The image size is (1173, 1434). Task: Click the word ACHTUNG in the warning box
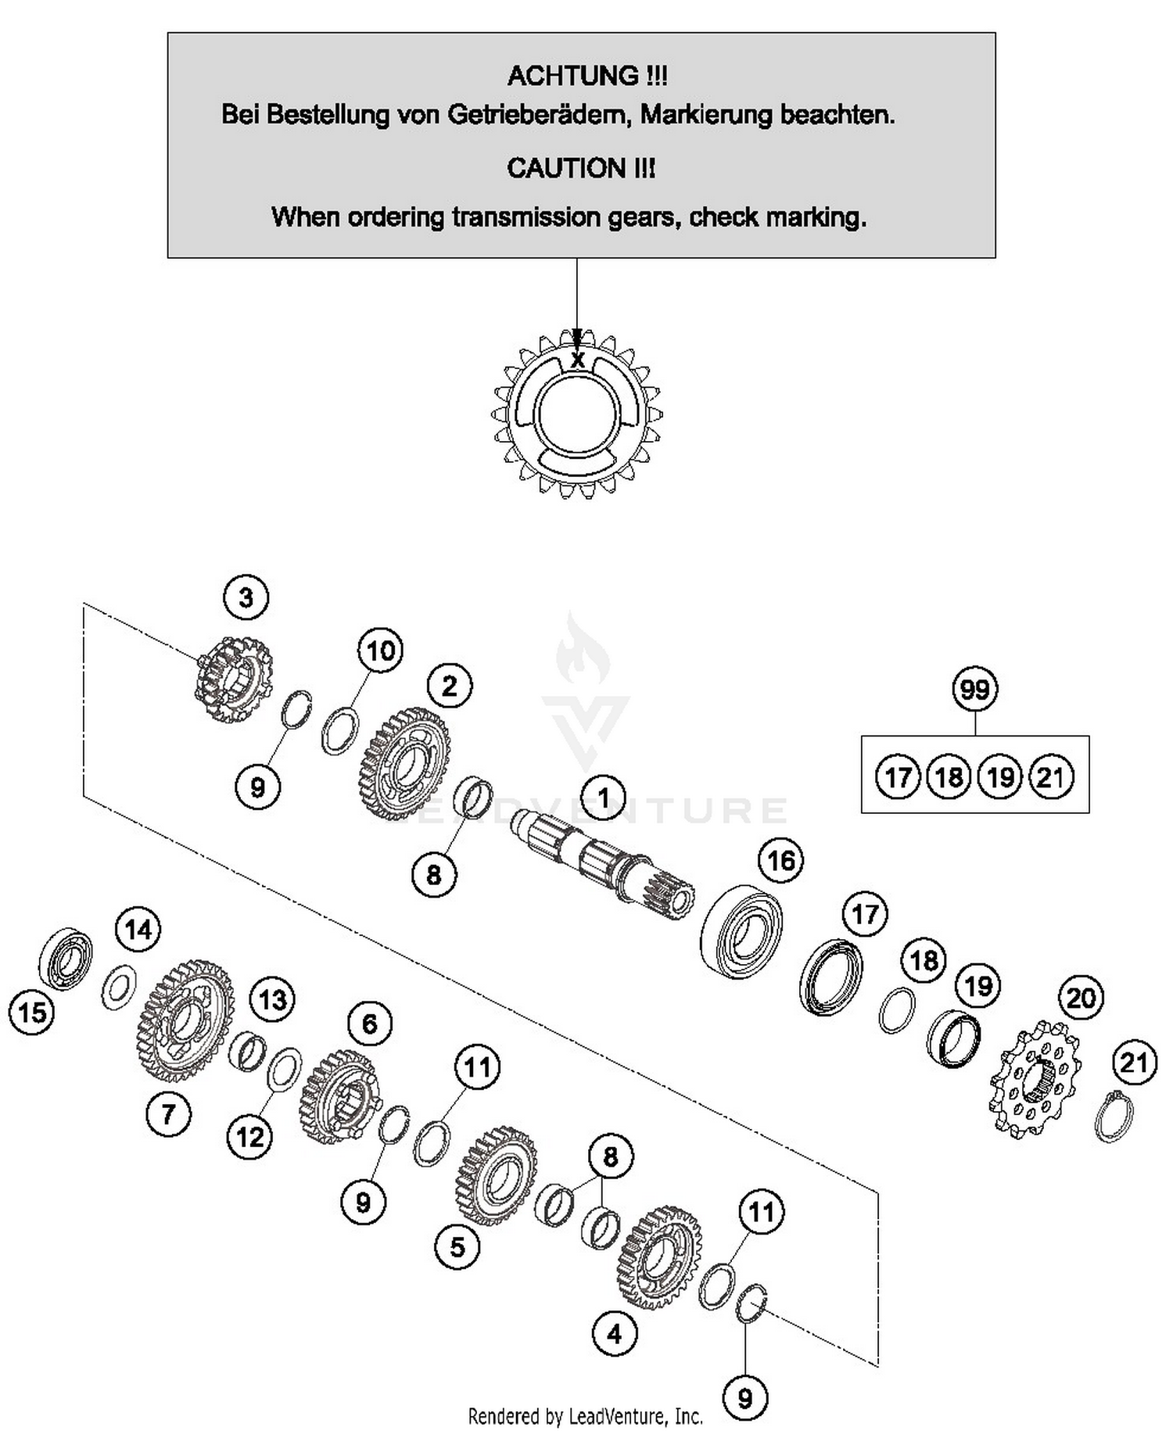(x=574, y=76)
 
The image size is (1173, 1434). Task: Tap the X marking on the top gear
(x=578, y=360)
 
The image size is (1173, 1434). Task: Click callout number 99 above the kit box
(x=974, y=690)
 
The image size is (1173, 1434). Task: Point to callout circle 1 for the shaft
(x=603, y=798)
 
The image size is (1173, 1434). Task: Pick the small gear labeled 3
(x=233, y=679)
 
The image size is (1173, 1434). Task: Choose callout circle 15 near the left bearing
(x=32, y=1013)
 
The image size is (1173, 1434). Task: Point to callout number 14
(x=138, y=930)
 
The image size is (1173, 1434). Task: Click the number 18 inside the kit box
(x=949, y=777)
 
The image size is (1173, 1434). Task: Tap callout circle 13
(x=272, y=999)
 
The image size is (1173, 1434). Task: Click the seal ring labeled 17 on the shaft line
(x=831, y=977)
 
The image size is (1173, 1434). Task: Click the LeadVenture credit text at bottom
(x=585, y=1416)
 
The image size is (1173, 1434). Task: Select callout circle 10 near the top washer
(x=380, y=651)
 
